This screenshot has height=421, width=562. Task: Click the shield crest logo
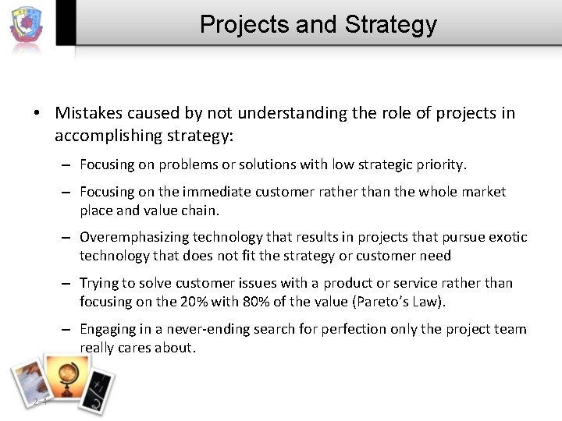(27, 26)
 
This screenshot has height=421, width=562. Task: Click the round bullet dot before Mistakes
(37, 114)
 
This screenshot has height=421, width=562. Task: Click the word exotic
(507, 237)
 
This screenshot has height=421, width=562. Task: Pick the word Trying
(98, 283)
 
